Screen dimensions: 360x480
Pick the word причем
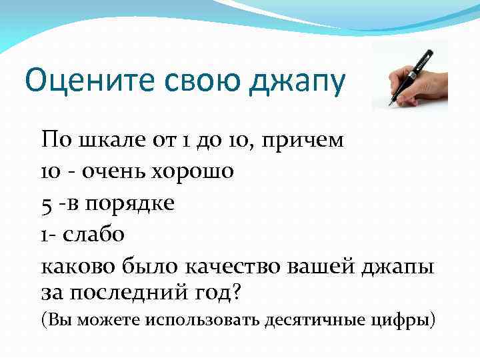[x=304, y=141]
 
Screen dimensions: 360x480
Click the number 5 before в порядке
[x=47, y=204]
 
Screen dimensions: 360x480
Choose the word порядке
[x=129, y=204]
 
